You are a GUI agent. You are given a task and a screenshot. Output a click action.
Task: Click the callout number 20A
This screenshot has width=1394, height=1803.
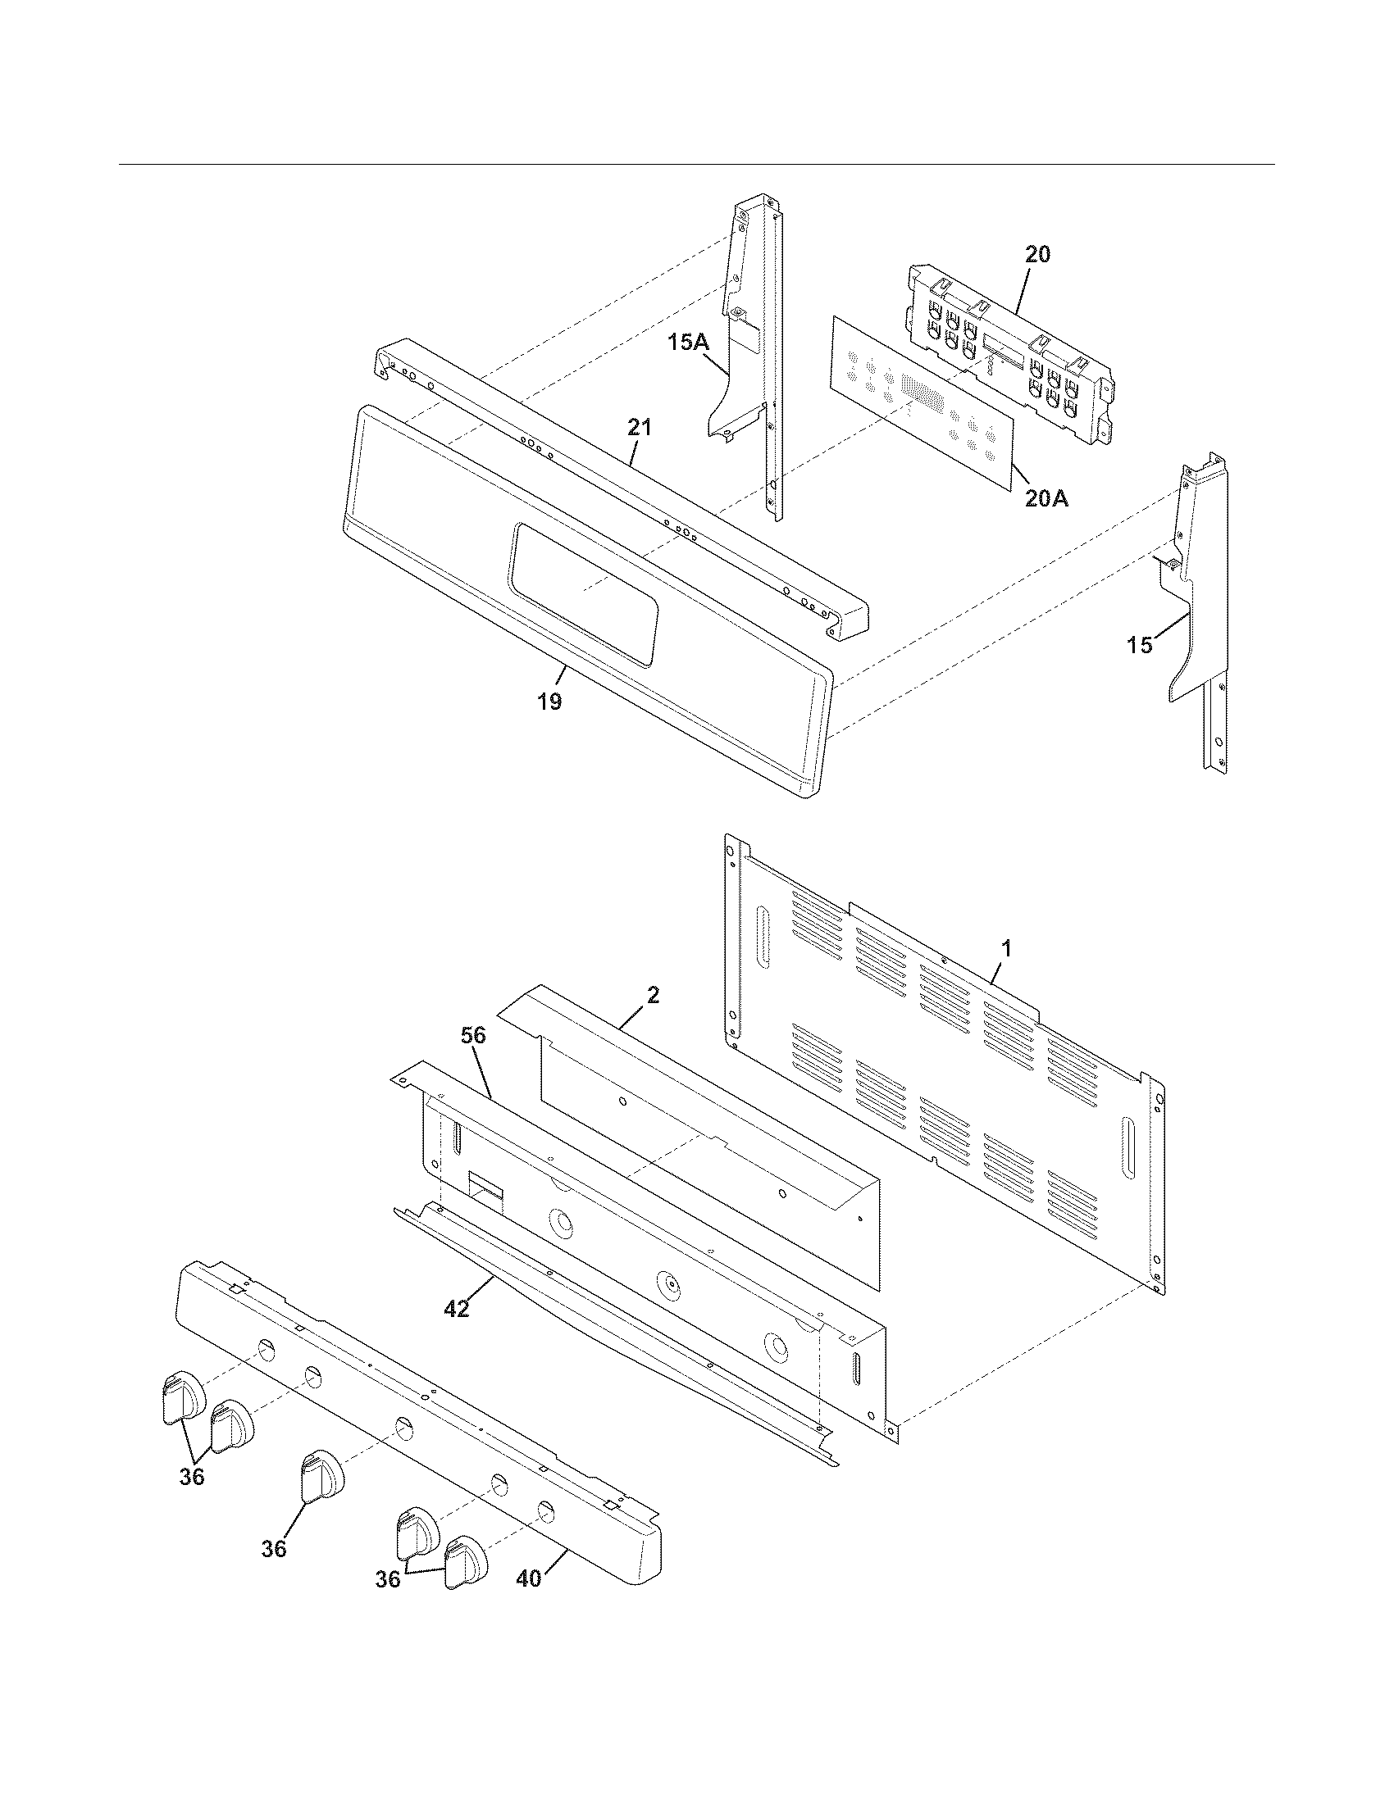tap(1046, 497)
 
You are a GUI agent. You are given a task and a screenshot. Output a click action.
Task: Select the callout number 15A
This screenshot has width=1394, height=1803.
tap(689, 342)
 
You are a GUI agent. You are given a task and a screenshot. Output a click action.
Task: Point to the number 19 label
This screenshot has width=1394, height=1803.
tap(549, 702)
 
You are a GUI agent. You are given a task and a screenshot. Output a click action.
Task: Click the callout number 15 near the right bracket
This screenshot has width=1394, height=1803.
tap(1140, 645)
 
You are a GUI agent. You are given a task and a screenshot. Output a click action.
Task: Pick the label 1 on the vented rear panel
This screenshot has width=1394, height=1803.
tap(1005, 949)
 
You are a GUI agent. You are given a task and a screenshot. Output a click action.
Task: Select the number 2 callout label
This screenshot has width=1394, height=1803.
tap(653, 996)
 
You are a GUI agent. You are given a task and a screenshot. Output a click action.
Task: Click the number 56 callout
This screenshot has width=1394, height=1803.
tap(474, 1036)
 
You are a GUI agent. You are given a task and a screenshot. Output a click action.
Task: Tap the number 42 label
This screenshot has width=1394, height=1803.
tap(457, 1309)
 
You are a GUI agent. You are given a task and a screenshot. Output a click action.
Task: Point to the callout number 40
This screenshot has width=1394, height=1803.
tap(529, 1578)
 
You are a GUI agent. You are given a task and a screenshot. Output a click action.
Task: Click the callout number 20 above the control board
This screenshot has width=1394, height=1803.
tap(1037, 254)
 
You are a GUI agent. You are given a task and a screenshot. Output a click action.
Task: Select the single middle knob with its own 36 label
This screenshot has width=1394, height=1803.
tap(321, 1475)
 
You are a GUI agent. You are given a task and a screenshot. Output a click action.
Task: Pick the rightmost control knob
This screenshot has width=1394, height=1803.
tap(465, 1560)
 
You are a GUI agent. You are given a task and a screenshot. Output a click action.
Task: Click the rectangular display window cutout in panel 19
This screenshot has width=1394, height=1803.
tap(585, 591)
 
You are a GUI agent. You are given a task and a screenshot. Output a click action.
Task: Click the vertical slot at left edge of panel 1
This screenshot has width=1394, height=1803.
tap(762, 937)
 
